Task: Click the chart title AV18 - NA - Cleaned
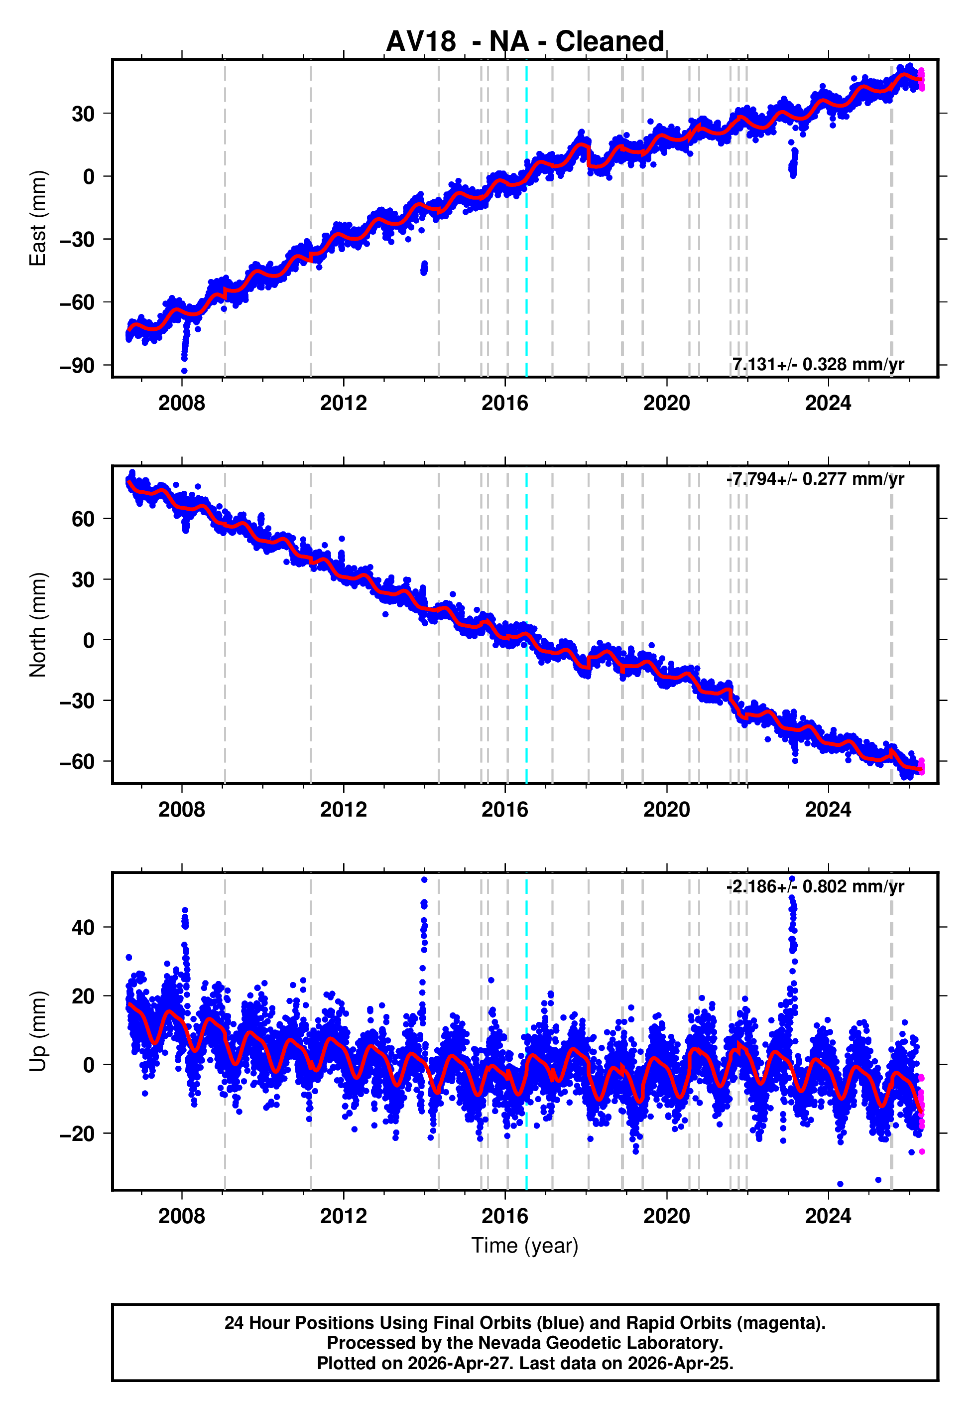tap(525, 42)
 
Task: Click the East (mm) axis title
tap(37, 218)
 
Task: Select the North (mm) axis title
tap(37, 625)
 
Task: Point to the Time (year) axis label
tap(525, 1246)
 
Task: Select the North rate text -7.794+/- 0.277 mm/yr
tap(815, 479)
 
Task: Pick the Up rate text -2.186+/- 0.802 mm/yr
tap(815, 886)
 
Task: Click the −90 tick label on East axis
tap(77, 366)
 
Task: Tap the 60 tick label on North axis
tap(83, 519)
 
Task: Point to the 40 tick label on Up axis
tap(83, 927)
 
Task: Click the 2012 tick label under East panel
tap(344, 403)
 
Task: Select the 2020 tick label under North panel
tap(667, 810)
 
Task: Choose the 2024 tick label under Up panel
tap(828, 1216)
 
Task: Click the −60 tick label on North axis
tap(77, 762)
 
